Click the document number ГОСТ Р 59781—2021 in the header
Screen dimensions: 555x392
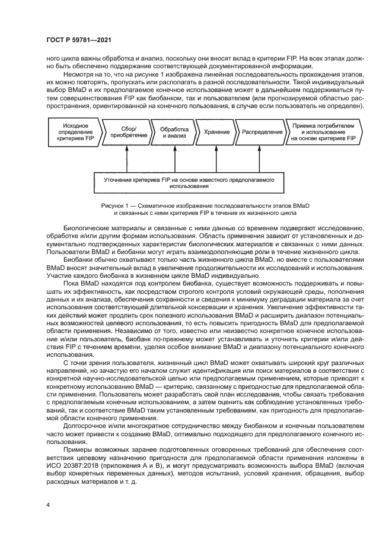point(79,40)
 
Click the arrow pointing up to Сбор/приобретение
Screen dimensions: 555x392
point(126,159)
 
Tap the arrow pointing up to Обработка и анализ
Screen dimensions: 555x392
point(173,159)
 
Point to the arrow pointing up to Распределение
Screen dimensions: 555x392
point(262,159)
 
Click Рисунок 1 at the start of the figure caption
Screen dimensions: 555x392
point(117,205)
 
